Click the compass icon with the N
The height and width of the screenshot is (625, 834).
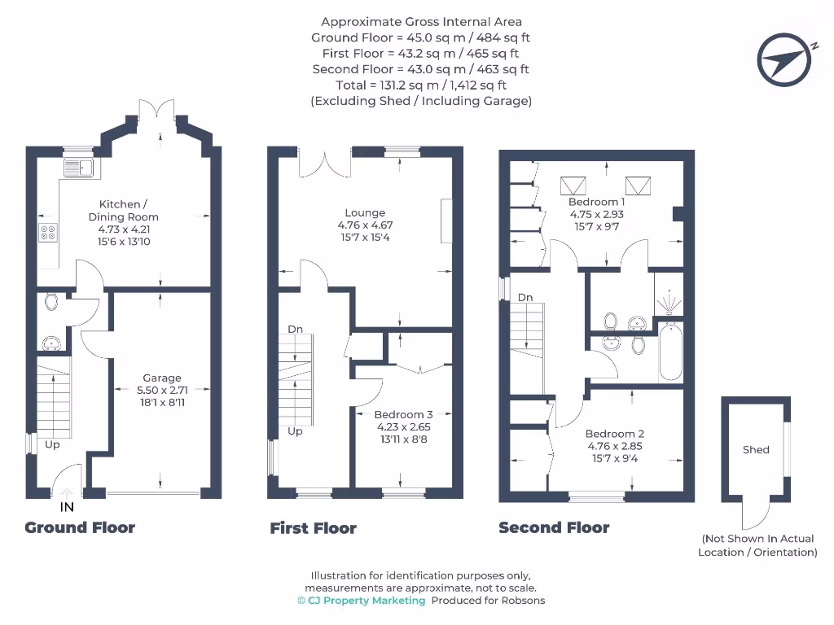point(785,59)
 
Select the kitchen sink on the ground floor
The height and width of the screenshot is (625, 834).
point(81,168)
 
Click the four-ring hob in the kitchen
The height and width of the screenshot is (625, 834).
point(47,233)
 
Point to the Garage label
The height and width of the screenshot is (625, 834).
point(162,378)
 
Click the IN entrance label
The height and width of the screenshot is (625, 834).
point(67,507)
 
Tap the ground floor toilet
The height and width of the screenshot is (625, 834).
point(51,303)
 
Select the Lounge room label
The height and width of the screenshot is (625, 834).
point(366,213)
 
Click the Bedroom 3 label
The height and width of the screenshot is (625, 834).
point(404,414)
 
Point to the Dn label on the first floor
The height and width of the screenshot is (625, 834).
point(295,329)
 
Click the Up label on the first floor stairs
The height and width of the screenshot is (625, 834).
point(295,431)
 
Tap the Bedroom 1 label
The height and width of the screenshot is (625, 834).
point(597,202)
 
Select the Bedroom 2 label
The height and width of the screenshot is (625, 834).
point(615,434)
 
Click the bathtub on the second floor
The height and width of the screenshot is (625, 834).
point(670,352)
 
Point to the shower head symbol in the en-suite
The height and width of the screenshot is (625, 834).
point(669,302)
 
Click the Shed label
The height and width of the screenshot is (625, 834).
point(756,449)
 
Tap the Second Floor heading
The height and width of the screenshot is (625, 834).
point(554,527)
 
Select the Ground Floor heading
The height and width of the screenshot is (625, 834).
point(80,527)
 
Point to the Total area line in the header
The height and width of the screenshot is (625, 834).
point(420,85)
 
